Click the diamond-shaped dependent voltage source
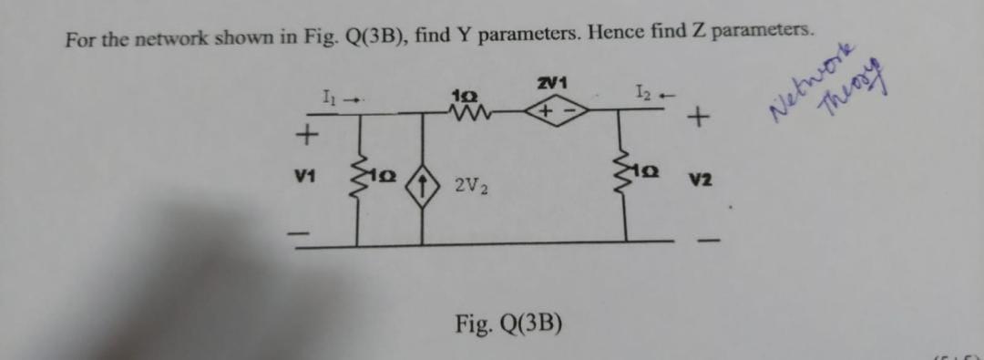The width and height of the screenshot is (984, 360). pyautogui.click(x=552, y=113)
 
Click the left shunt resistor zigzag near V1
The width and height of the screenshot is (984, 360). pyautogui.click(x=356, y=178)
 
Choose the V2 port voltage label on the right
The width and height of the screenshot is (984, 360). pyautogui.click(x=699, y=181)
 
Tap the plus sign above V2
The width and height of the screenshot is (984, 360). pyautogui.click(x=699, y=118)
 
